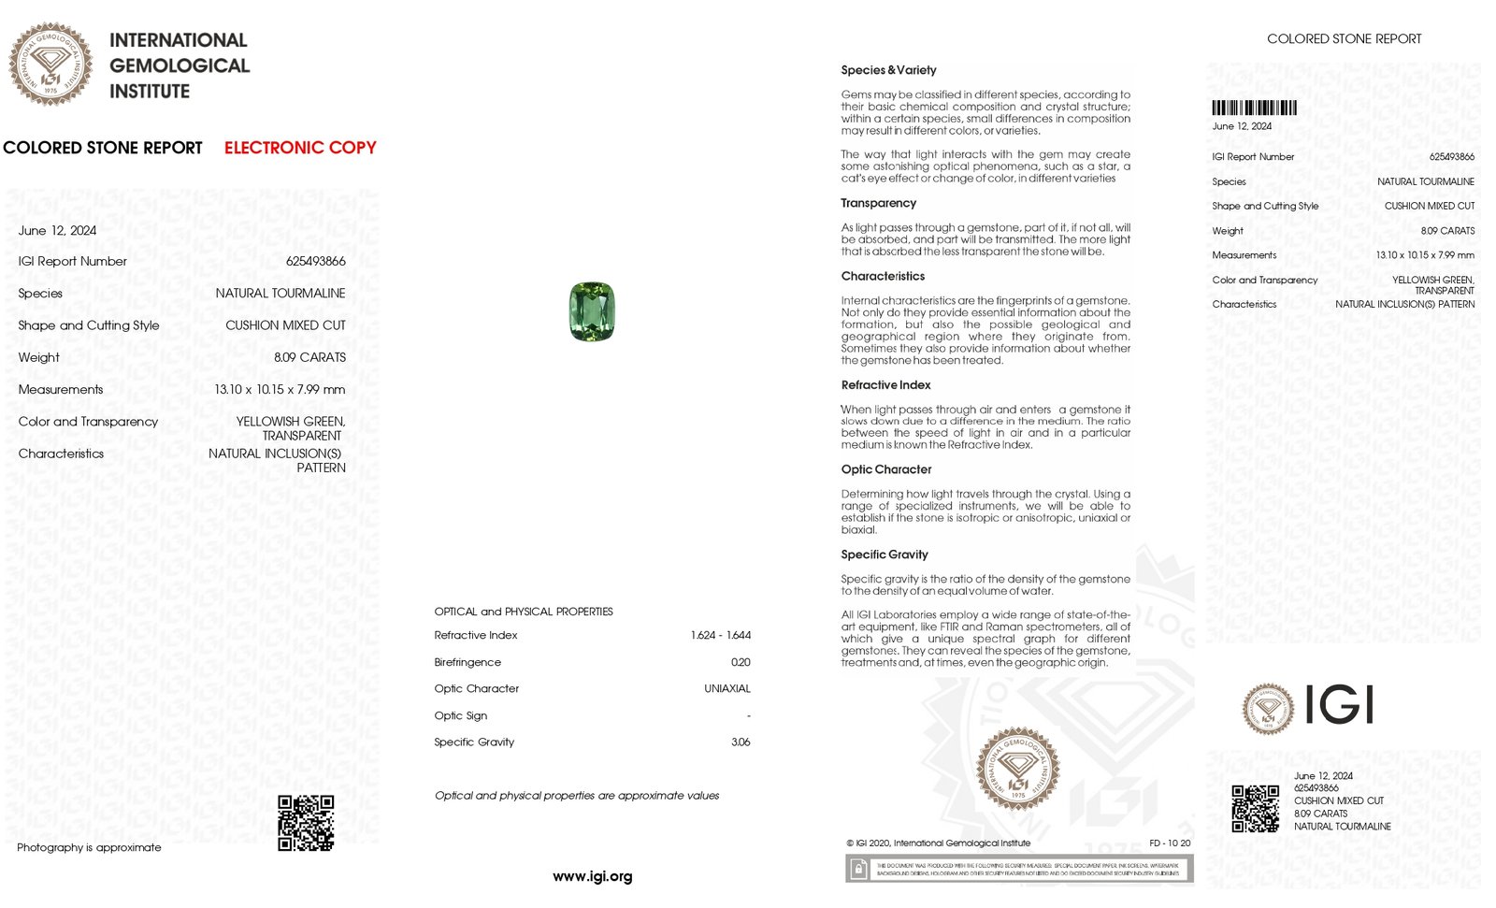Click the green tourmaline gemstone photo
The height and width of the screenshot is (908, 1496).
point(592,311)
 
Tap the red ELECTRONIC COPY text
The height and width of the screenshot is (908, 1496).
point(300,148)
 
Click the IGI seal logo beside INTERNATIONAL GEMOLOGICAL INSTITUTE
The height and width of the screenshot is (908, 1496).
point(50,64)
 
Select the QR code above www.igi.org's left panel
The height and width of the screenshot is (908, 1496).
point(306,823)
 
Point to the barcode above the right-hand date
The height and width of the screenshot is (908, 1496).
point(1254,108)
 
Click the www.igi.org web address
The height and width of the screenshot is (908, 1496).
point(592,876)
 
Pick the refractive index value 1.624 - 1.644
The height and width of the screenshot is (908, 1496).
point(720,635)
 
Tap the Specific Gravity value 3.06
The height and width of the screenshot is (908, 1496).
point(741,742)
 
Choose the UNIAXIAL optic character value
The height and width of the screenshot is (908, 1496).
point(726,688)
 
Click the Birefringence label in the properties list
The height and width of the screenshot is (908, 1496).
point(467,662)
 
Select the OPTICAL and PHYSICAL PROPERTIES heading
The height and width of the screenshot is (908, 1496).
point(524,612)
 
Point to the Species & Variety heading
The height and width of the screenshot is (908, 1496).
point(888,70)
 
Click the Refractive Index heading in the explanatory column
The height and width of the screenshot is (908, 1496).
point(885,385)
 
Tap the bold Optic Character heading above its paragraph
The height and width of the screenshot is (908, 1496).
point(885,469)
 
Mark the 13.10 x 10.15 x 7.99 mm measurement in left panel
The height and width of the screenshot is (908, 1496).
point(280,389)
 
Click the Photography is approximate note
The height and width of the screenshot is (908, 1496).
point(89,847)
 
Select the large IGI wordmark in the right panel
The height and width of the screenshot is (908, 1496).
point(1338,705)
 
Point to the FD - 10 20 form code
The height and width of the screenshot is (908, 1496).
point(1170,843)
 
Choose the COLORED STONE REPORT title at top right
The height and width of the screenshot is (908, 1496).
point(1344,39)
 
